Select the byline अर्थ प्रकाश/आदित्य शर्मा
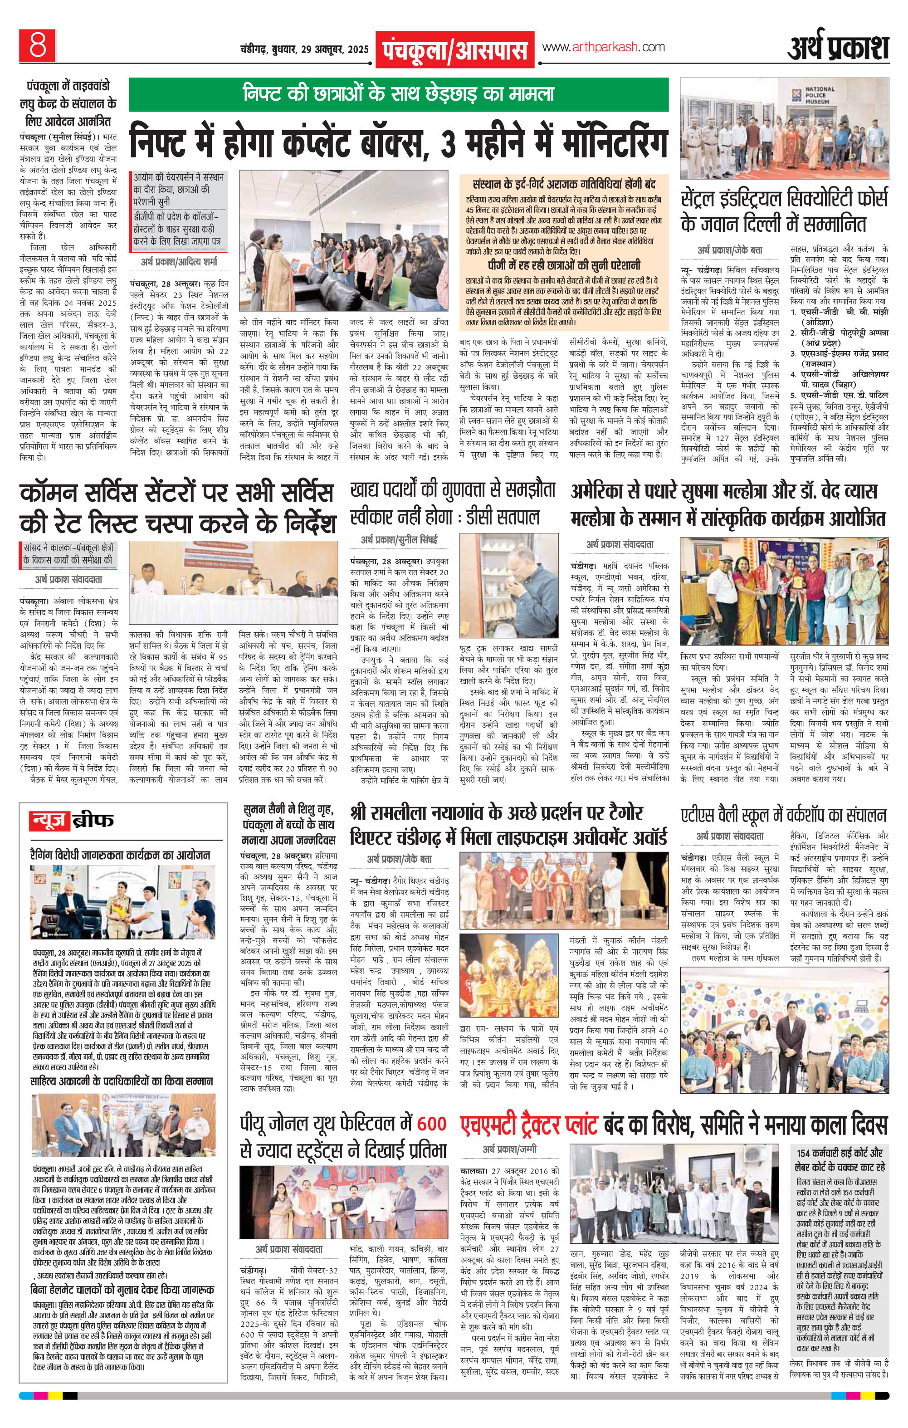[x=179, y=260]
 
